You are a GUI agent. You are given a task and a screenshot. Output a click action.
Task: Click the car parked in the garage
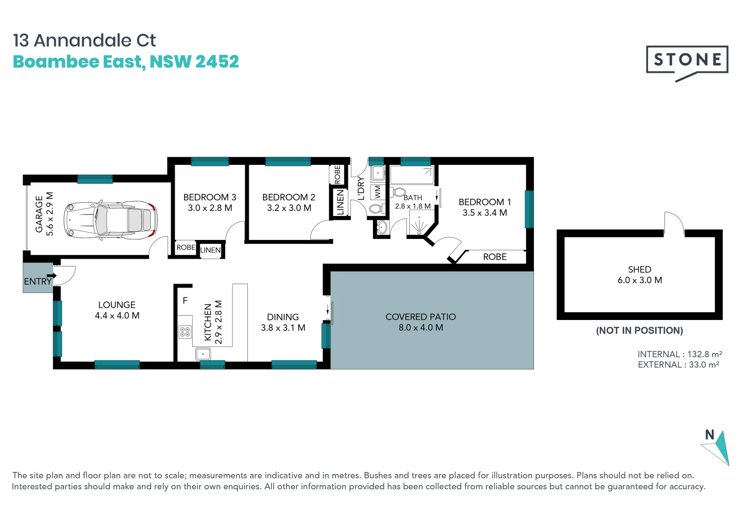[111, 220]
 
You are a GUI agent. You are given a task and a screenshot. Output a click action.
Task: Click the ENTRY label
[38, 282]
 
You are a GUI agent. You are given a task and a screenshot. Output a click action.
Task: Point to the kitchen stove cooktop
[185, 332]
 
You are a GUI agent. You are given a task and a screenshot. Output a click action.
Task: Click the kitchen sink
[203, 354]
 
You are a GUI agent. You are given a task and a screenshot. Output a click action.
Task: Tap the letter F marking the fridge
[185, 300]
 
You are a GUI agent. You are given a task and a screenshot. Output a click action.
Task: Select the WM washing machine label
[377, 191]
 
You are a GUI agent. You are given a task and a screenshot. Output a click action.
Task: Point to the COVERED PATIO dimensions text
[421, 328]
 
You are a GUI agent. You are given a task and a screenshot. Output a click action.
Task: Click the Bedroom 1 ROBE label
[495, 257]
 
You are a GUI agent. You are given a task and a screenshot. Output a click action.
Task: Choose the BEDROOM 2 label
[289, 197]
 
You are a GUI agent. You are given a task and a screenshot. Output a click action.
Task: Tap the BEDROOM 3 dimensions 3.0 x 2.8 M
[210, 208]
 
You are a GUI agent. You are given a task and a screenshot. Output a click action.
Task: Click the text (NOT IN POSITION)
[639, 330]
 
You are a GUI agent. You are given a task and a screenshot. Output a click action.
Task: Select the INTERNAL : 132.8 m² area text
[680, 354]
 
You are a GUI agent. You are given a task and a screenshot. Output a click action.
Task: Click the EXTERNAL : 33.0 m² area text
[678, 365]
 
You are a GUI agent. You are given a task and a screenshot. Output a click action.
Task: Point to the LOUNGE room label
[117, 305]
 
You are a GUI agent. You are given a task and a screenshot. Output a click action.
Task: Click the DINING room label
[283, 317]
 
